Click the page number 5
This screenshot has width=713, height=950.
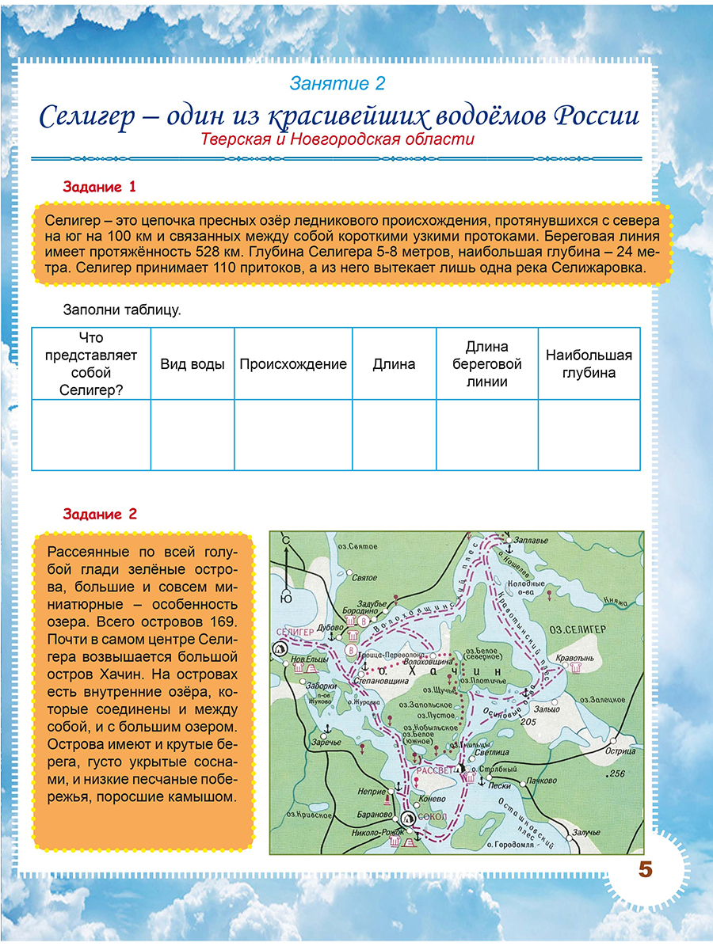[645, 869]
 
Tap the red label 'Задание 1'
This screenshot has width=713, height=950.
[100, 188]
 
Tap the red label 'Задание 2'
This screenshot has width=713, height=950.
[100, 515]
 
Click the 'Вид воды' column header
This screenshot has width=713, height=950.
[193, 364]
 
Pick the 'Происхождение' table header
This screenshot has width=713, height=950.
[293, 364]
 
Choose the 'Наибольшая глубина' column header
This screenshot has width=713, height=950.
[589, 364]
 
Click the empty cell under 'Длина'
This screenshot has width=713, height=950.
[394, 435]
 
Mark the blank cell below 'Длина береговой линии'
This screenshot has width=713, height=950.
[486, 435]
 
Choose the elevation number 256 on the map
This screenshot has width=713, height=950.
[616, 773]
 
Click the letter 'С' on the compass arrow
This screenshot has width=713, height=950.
[286, 540]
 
